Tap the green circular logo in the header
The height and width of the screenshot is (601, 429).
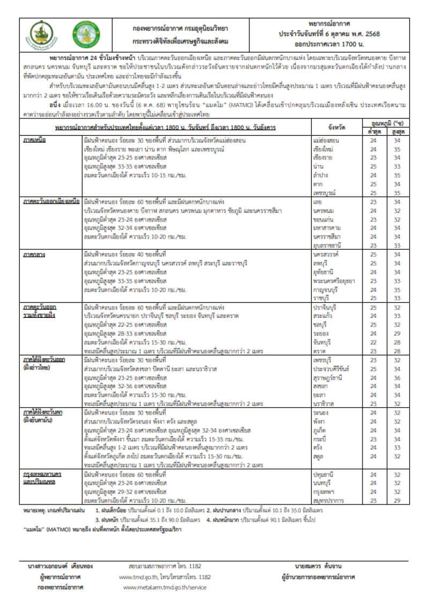click(86, 35)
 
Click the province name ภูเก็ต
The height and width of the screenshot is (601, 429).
click(320, 430)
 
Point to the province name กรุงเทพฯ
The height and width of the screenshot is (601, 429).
click(323, 492)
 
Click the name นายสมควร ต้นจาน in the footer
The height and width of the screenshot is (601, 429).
click(319, 566)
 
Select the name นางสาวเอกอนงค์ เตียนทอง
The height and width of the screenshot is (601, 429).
click(60, 566)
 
